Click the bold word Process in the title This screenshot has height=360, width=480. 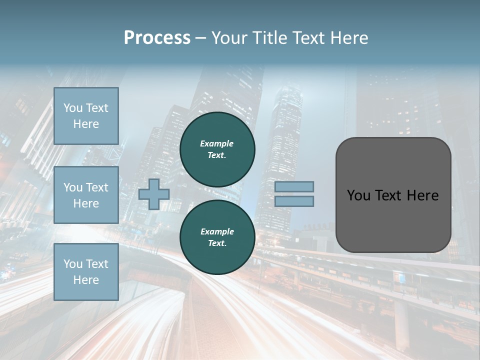click(157, 38)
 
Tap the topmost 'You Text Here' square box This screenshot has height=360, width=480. click(86, 116)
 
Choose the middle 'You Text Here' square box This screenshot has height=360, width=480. click(86, 195)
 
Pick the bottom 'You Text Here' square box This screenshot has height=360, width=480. click(86, 272)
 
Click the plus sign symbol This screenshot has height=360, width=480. click(154, 194)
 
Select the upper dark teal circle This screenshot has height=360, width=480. click(217, 149)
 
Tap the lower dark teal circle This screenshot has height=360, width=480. click(217, 237)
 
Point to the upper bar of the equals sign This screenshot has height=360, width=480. click(294, 186)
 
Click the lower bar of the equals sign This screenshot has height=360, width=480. click(294, 201)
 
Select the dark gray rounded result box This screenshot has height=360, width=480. click(393, 195)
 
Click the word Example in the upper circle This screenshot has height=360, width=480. click(217, 143)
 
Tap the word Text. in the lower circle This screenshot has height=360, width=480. click(217, 243)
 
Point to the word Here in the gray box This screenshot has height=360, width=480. click(422, 195)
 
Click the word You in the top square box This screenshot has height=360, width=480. click(73, 108)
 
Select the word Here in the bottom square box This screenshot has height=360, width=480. click(86, 280)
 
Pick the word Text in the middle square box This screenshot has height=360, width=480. click(96, 187)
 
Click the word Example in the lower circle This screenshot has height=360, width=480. click(217, 231)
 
